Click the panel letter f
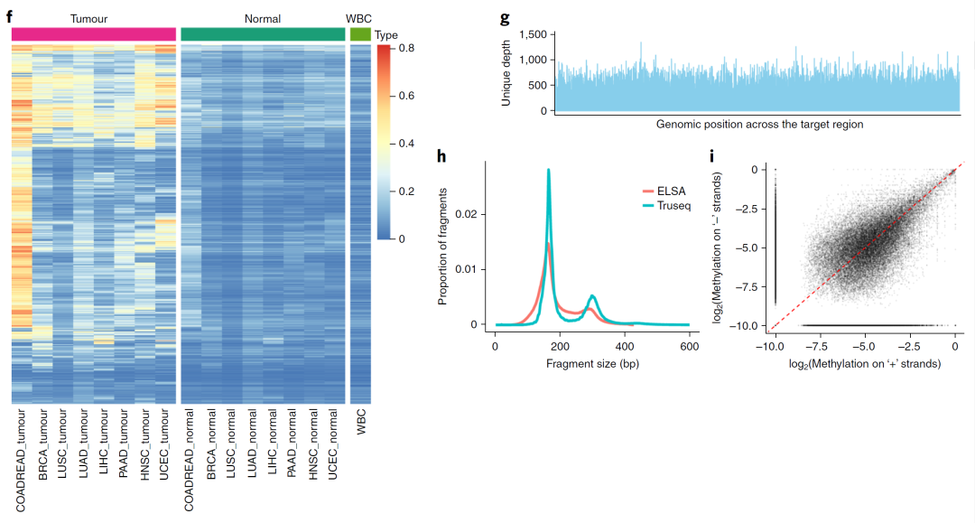tap(9, 14)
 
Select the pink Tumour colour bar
tap(94, 33)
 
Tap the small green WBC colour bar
tap(360, 33)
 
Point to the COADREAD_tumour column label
tap(21, 461)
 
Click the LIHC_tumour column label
tap(103, 448)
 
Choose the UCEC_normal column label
tap(333, 449)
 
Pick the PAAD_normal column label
tap(292, 448)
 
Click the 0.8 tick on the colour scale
tap(406, 47)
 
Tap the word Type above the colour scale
tap(386, 35)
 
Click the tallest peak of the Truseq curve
tap(548, 171)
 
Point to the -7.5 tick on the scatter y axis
tap(746, 286)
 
